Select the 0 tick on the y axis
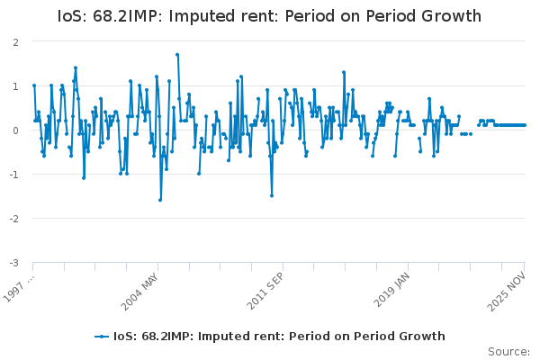pos(16,130)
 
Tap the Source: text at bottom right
pos(508,351)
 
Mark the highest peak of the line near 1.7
pos(177,55)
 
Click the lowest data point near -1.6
pos(160,200)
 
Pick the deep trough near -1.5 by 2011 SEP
pos(272,195)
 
